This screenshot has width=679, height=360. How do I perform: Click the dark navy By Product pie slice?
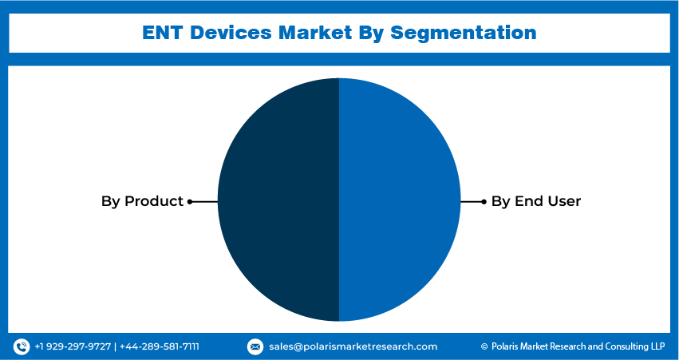(x=278, y=200)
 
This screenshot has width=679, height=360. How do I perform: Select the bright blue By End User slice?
(x=400, y=200)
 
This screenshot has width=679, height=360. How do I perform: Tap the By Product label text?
(x=143, y=201)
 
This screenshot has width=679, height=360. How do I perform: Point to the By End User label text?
(x=535, y=201)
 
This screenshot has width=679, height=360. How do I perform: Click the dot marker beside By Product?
(x=190, y=202)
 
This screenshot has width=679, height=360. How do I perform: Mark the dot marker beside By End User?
(x=484, y=202)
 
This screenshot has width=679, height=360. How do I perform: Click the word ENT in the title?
(x=163, y=33)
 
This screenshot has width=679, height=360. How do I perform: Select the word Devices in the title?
(x=231, y=33)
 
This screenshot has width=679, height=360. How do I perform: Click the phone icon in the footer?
(x=22, y=346)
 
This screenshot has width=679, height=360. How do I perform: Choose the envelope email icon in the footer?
(x=255, y=346)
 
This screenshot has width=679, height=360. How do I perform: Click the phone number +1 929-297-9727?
(x=73, y=346)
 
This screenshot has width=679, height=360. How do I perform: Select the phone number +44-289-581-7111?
(x=160, y=346)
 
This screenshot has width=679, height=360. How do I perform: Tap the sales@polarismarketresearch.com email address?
(x=353, y=346)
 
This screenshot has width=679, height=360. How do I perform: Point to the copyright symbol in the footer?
(x=484, y=346)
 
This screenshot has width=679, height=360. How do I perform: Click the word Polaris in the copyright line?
(x=505, y=346)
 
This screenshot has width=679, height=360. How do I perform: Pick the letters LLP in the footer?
(x=657, y=346)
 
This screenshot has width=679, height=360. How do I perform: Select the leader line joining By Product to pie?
(x=204, y=202)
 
